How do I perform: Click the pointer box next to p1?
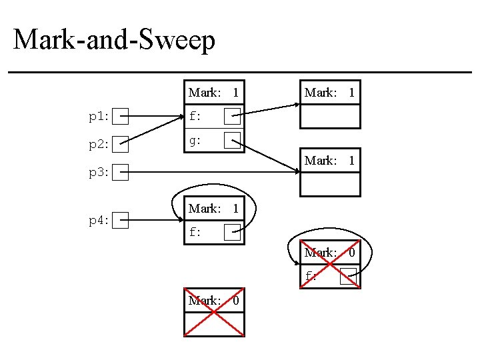120,117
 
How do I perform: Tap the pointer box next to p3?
120,173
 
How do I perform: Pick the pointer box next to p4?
120,220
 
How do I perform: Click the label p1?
99,117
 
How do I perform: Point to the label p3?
99,173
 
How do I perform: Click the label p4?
99,221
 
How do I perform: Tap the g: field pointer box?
232,141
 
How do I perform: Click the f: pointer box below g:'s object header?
232,117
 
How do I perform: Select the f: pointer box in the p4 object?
232,233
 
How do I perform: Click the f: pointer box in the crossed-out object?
347,277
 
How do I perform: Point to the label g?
195,141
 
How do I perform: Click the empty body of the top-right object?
329,116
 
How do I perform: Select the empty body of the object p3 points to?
329,184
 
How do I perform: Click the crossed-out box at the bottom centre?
214,324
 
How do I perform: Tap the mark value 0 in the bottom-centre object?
235,301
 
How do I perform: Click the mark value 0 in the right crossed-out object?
352,253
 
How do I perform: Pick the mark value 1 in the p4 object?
235,209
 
